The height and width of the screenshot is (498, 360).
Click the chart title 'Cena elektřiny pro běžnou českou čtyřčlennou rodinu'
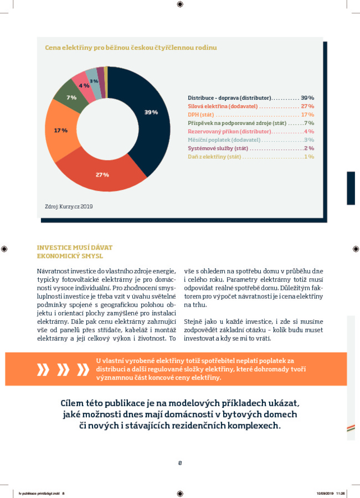click(x=131, y=48)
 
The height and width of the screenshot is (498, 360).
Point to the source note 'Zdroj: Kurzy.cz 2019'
click(x=69, y=206)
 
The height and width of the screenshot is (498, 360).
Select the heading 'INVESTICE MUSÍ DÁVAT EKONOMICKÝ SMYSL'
click(x=75, y=252)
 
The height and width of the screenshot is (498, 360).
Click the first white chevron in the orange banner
click(x=43, y=370)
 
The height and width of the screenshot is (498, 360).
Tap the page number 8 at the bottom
click(x=180, y=463)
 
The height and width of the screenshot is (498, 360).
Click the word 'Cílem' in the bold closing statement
click(x=72, y=403)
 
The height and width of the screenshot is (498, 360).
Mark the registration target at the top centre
click(x=180, y=4)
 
